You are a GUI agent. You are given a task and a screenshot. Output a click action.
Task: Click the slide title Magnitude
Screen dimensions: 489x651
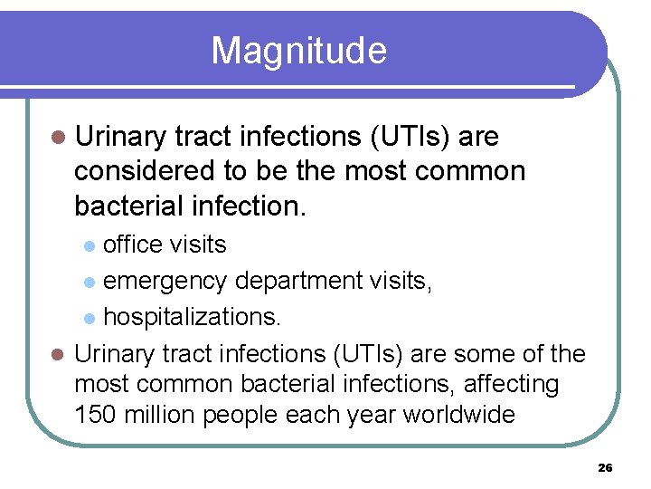point(298,51)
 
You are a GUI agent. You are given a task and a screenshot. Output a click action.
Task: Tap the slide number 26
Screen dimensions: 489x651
point(605,468)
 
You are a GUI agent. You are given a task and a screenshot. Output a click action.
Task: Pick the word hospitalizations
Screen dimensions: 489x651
point(191,317)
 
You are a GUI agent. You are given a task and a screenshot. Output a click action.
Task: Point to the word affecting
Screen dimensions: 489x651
point(512,384)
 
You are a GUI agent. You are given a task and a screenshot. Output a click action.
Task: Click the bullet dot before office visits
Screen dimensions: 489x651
point(89,245)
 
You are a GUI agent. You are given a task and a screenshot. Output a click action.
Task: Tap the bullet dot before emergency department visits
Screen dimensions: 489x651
point(89,283)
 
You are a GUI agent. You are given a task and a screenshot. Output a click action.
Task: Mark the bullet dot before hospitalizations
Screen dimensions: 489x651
point(89,318)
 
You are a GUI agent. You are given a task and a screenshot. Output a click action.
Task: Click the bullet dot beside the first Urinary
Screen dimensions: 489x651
point(59,137)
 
